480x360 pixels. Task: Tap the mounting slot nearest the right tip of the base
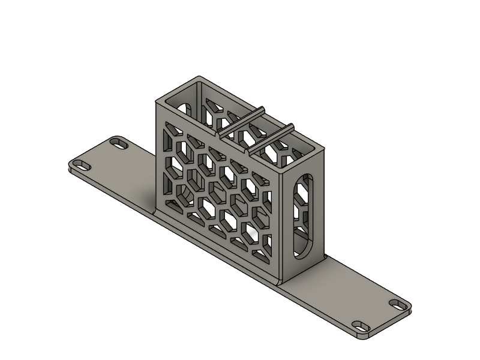398,304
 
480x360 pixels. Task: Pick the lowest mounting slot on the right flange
361,326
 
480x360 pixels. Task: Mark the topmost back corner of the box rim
199,77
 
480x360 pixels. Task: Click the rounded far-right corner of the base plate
410,308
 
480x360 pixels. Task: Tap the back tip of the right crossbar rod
292,126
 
